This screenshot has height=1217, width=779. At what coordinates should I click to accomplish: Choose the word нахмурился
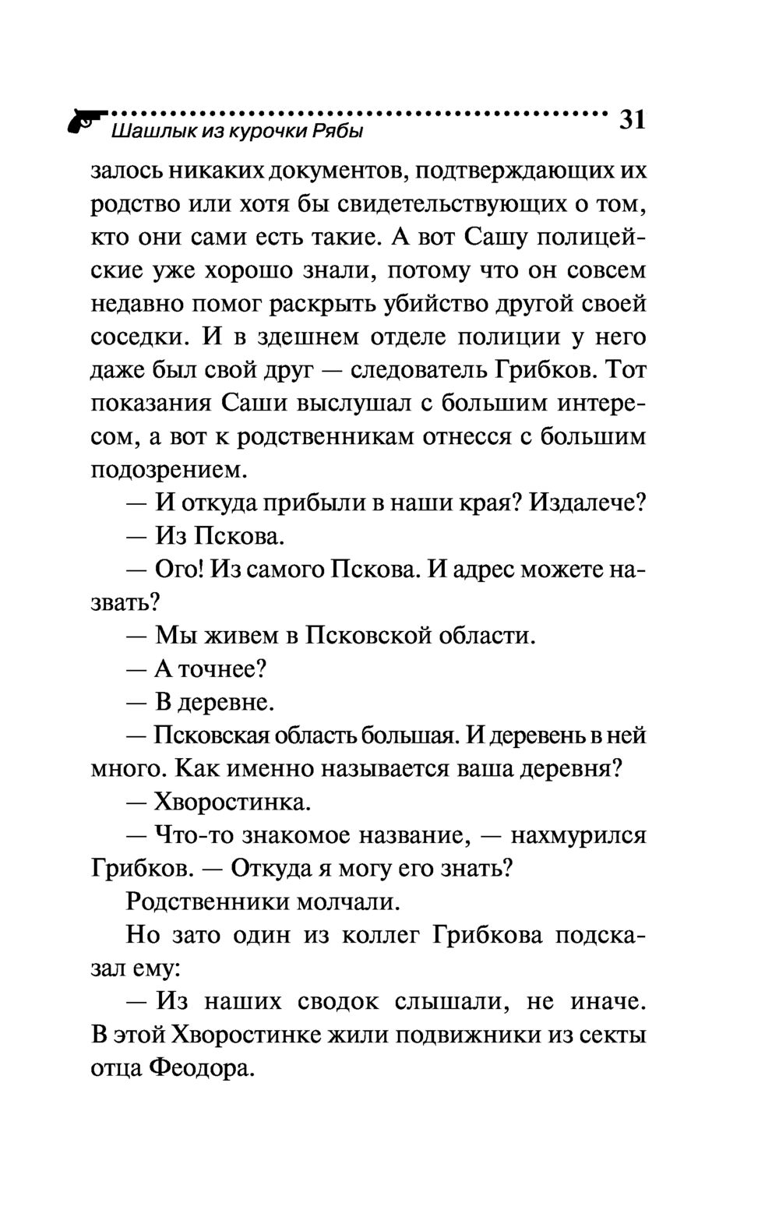tap(578, 835)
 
